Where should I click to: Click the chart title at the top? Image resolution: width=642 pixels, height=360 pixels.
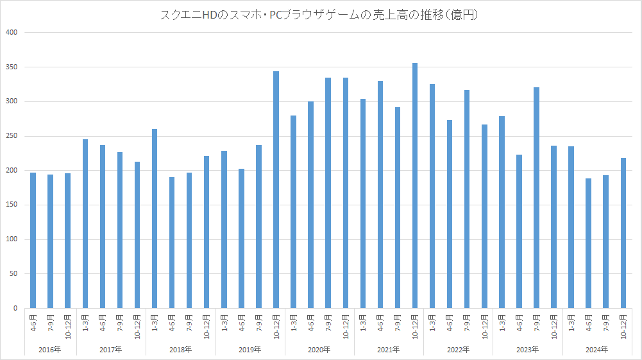point(321,14)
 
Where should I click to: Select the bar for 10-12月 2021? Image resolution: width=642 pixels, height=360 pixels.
point(415,186)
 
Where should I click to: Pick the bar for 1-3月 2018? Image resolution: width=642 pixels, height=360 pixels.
point(155,219)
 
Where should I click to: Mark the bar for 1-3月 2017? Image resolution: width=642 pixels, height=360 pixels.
point(85,224)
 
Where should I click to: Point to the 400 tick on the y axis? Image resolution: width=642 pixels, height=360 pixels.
point(13,32)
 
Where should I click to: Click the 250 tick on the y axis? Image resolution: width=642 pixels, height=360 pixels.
point(13,136)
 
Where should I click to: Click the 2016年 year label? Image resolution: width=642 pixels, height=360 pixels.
point(50,350)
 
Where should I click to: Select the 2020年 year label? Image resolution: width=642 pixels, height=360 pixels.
point(319,350)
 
